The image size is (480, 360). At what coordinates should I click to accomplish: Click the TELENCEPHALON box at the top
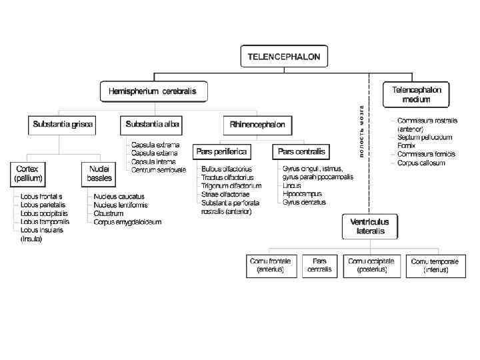click(x=283, y=57)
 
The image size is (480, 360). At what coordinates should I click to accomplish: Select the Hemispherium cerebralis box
click(x=153, y=91)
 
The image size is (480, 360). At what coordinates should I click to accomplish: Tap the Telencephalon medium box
click(x=416, y=94)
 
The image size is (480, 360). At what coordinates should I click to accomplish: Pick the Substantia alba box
click(x=152, y=124)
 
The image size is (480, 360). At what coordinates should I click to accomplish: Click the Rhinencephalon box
click(x=257, y=124)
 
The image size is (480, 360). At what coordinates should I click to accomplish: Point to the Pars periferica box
click(x=221, y=152)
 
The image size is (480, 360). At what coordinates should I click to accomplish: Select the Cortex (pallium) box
click(x=29, y=174)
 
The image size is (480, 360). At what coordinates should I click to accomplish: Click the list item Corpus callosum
click(x=421, y=163)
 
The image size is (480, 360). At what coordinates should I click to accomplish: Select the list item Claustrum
click(x=108, y=213)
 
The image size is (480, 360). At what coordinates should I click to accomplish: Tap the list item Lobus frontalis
click(x=41, y=197)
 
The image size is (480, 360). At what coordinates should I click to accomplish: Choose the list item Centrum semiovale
click(x=158, y=169)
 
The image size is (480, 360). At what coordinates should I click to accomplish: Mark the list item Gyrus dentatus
click(x=304, y=201)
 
